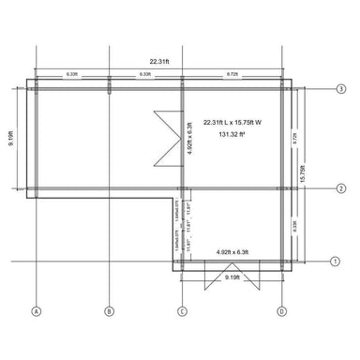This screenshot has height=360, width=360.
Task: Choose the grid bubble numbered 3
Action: (341, 87)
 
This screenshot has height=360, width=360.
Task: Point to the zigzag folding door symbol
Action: (166, 132)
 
